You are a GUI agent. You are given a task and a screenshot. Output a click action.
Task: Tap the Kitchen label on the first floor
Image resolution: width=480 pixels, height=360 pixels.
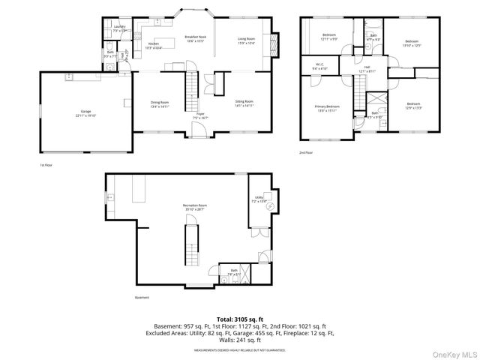(x=154, y=46)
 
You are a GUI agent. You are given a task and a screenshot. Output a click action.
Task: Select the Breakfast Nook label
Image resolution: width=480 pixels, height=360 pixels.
(x=196, y=38)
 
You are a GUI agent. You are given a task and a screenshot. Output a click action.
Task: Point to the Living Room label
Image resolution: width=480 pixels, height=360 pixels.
(x=247, y=40)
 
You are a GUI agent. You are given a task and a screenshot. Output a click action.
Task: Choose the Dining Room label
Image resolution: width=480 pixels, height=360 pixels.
(x=160, y=103)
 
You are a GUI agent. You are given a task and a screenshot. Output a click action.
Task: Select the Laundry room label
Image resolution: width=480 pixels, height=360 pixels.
(x=120, y=28)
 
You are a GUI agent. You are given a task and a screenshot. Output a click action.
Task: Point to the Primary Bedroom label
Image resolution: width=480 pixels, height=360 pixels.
(x=327, y=109)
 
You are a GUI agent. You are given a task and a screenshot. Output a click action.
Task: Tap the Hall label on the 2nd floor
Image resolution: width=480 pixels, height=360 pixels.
(x=367, y=69)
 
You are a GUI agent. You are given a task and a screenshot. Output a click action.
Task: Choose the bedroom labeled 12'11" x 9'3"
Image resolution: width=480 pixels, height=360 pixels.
(x=329, y=37)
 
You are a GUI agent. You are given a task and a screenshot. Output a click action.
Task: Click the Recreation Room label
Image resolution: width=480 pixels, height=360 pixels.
(x=194, y=207)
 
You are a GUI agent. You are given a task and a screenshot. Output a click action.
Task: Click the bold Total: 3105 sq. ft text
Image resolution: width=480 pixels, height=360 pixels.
(x=240, y=319)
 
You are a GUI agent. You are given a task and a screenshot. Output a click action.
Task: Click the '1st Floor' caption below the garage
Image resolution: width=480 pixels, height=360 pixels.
(x=47, y=165)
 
